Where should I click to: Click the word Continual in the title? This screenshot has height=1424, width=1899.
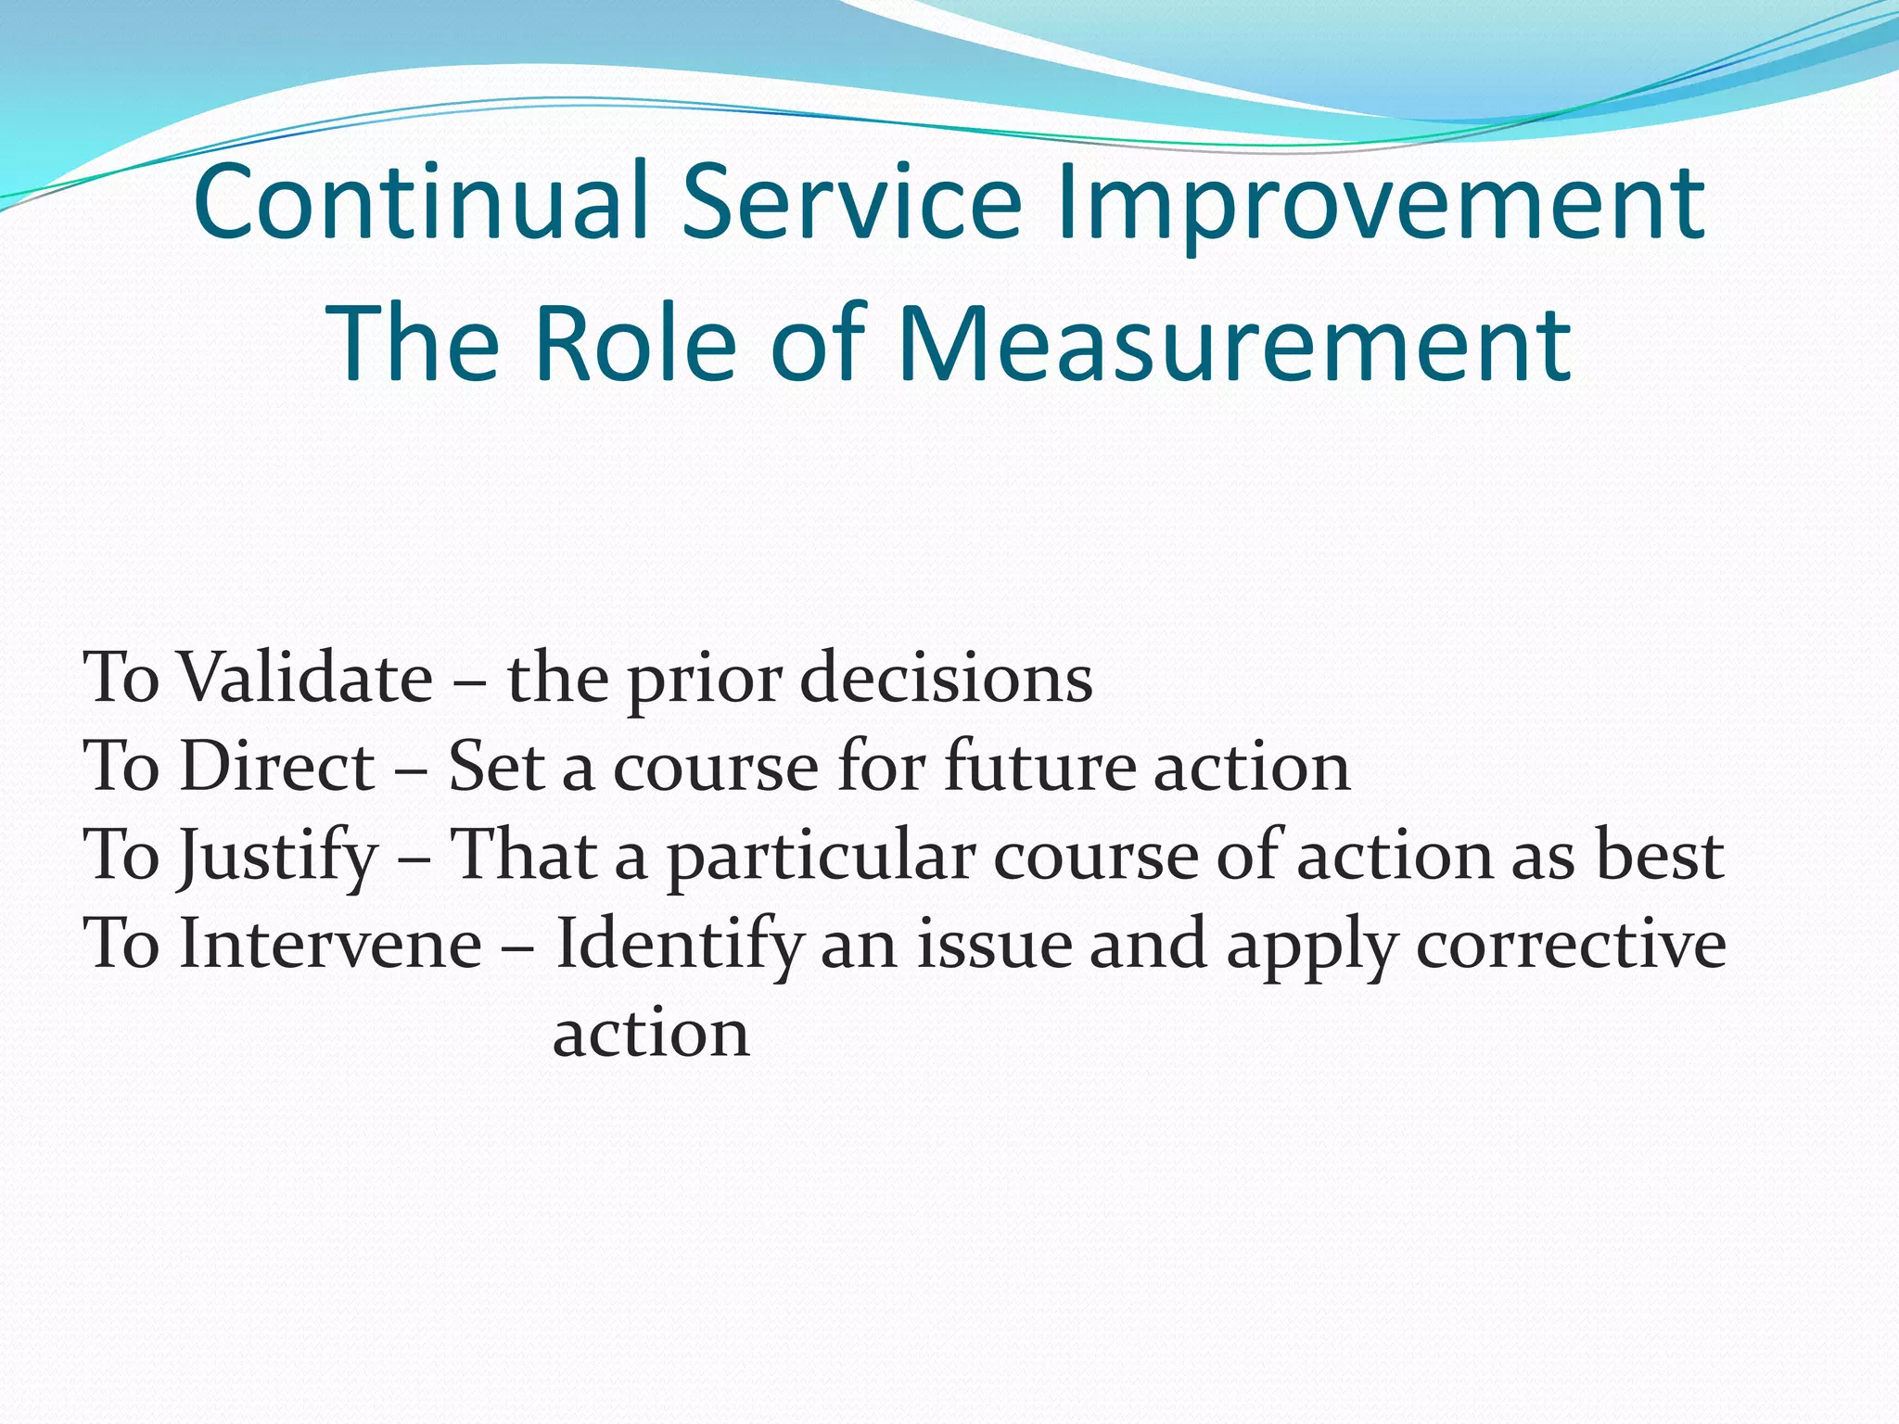(x=422, y=201)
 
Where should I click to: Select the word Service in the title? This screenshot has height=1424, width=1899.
(x=852, y=201)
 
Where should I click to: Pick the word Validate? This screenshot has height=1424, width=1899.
(x=305, y=678)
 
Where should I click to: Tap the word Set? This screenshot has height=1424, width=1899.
(x=495, y=767)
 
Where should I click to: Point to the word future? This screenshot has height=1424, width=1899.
(x=1039, y=767)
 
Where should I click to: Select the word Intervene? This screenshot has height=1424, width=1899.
(x=330, y=944)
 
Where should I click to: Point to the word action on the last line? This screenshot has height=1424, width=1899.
(x=651, y=1033)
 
